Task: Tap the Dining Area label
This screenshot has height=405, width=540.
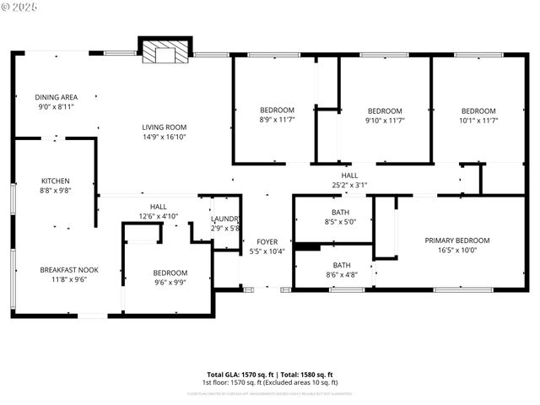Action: [x=57, y=97]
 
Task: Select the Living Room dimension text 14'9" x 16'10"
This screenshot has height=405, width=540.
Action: [x=164, y=137]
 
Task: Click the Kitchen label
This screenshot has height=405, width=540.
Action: [x=56, y=181]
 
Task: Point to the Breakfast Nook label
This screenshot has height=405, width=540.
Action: [x=69, y=269]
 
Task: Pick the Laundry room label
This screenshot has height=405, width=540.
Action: [x=225, y=219]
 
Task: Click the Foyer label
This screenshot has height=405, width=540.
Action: [x=267, y=241]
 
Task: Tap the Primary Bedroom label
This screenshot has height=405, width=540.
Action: [x=456, y=240]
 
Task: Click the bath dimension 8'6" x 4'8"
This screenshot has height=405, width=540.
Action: [x=342, y=275]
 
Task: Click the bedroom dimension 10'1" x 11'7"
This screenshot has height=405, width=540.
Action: [x=478, y=121]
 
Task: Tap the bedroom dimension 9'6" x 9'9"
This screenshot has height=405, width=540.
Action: [x=170, y=283]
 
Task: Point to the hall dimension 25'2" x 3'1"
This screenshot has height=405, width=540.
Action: [x=349, y=185]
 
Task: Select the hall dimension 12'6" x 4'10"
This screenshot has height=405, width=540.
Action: [x=158, y=216]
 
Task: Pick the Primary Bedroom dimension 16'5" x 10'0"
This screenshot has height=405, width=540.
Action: [x=456, y=250]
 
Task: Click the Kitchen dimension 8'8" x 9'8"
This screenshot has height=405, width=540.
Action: [x=56, y=191]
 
